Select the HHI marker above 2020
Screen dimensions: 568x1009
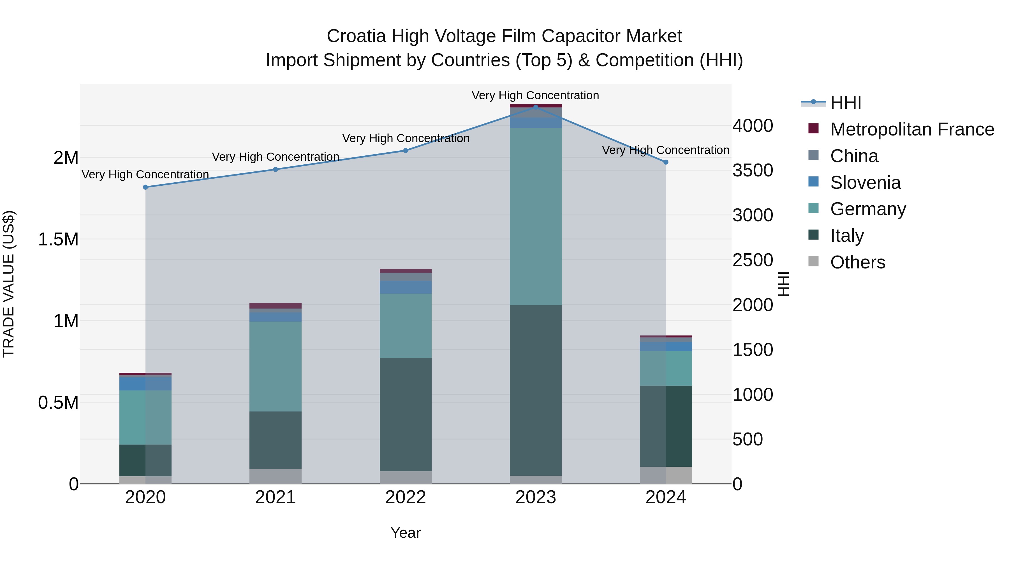click(x=145, y=187)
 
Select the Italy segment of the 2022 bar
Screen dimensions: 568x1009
click(x=405, y=414)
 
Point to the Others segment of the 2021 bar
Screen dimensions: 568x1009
click(x=275, y=476)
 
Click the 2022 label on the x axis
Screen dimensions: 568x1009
click(x=405, y=497)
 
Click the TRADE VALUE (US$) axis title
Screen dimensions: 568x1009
click(x=9, y=284)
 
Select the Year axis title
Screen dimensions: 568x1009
click(x=405, y=533)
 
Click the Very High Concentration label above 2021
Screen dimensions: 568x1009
click(x=275, y=157)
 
